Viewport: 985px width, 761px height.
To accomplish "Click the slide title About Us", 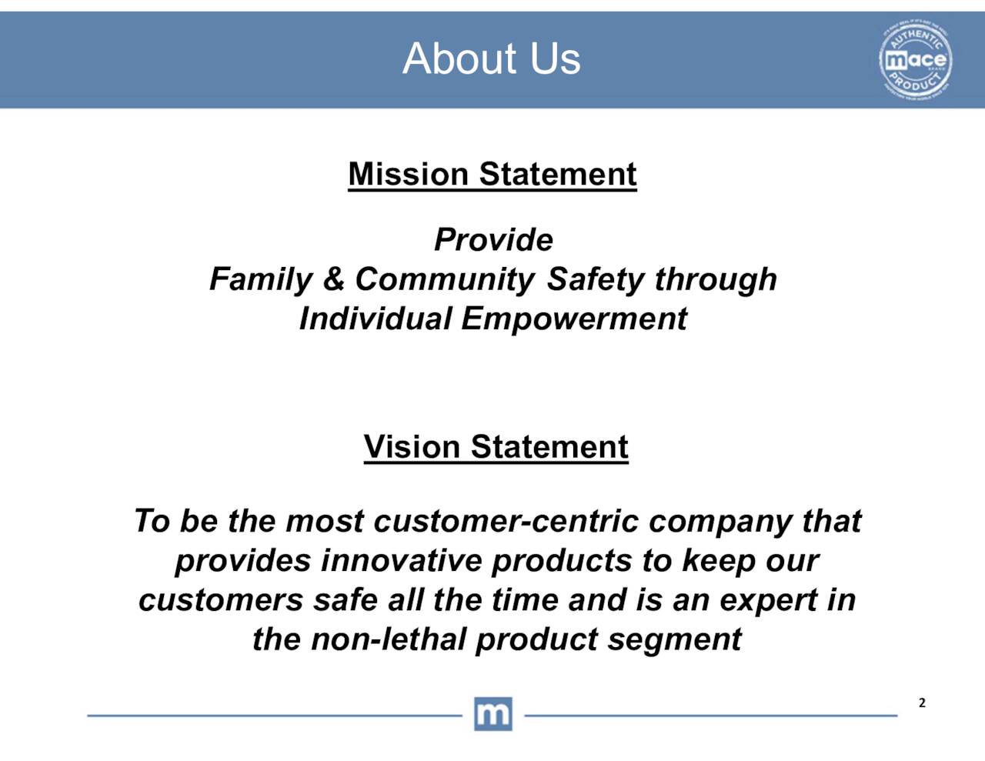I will tap(491, 58).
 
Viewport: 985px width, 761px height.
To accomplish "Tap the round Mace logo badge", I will tap(915, 60).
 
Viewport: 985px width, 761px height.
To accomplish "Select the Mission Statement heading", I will tap(492, 174).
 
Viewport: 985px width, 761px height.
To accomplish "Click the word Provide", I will tap(493, 239).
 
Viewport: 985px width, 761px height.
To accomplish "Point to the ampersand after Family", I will tap(333, 279).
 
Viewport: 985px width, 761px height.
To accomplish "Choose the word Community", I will tap(444, 279).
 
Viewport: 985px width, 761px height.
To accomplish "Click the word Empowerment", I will tap(573, 319).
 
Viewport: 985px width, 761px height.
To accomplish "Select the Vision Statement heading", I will tap(496, 446).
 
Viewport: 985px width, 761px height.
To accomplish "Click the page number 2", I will tap(922, 703).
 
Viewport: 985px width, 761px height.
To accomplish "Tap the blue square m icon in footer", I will tap(492, 714).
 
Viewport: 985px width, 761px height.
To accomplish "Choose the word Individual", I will tap(375, 319).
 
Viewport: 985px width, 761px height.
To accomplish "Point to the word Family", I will tap(260, 279).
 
